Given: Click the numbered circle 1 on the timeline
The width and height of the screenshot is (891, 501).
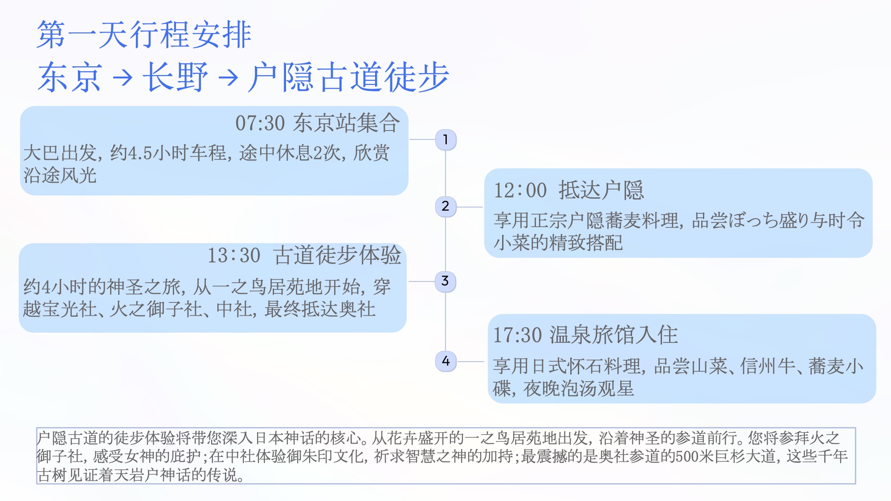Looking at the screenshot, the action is click(445, 140).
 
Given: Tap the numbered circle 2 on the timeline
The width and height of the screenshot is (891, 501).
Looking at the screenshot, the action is click(445, 207).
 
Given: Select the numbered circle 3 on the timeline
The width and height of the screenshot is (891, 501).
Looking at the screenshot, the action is click(445, 281).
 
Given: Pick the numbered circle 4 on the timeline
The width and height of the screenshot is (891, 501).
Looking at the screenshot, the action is click(445, 361).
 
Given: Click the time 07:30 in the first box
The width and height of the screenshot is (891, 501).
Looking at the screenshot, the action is click(260, 123).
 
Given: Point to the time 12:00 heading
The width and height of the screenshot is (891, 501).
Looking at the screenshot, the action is click(520, 190).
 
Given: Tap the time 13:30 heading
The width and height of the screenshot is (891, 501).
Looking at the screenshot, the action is click(234, 255).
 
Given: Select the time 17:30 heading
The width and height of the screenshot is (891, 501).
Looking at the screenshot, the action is click(517, 335).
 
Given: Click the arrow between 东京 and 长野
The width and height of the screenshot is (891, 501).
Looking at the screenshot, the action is click(123, 77).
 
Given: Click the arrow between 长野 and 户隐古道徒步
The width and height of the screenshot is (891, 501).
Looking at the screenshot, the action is click(228, 77).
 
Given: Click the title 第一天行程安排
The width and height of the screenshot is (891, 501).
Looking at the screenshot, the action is click(144, 34).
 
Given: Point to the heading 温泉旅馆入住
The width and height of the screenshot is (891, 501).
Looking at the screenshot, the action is click(614, 335).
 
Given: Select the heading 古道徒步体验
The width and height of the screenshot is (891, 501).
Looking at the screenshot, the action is click(337, 255).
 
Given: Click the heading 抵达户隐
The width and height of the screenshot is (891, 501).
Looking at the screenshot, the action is click(601, 190).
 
